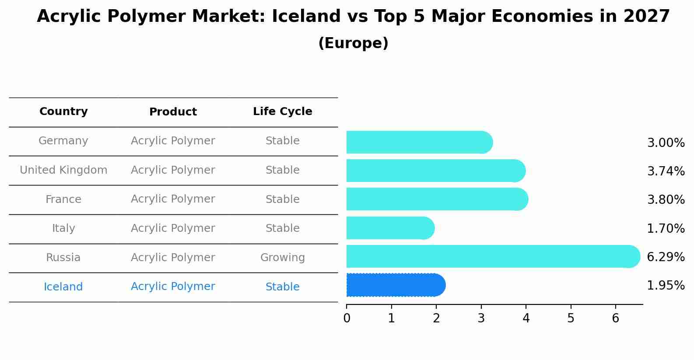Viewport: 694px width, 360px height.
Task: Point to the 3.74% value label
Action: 666,171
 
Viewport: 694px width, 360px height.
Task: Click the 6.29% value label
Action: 666,257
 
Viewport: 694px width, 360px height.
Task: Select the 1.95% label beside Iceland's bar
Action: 666,286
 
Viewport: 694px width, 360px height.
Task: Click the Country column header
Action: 63,112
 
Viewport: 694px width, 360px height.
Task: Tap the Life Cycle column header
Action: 282,112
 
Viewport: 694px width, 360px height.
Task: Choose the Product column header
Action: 173,112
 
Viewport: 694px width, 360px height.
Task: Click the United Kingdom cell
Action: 63,170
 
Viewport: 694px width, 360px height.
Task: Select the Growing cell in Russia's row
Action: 282,258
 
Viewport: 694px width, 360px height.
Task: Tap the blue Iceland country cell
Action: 63,287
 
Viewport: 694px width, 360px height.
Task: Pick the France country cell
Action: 63,199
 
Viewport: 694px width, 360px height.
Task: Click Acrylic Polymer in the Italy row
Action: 173,228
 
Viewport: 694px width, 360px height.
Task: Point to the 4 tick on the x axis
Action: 526,318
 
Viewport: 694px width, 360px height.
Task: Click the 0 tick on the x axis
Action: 347,318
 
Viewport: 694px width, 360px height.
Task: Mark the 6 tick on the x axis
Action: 616,318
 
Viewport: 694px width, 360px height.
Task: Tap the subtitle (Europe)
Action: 353,43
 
